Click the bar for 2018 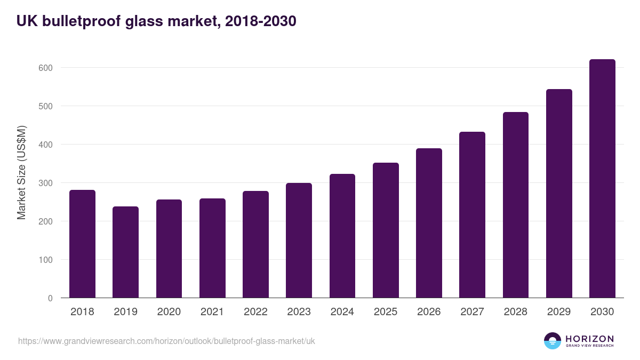point(82,244)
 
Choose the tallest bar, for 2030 point(602,179)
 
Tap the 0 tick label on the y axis point(50,298)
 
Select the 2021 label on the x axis point(212,312)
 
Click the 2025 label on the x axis point(385,312)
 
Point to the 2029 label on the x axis point(558,312)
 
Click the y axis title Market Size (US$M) point(21,172)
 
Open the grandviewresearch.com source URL point(166,341)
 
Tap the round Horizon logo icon point(553,341)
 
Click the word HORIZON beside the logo point(589,338)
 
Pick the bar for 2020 point(169,249)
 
